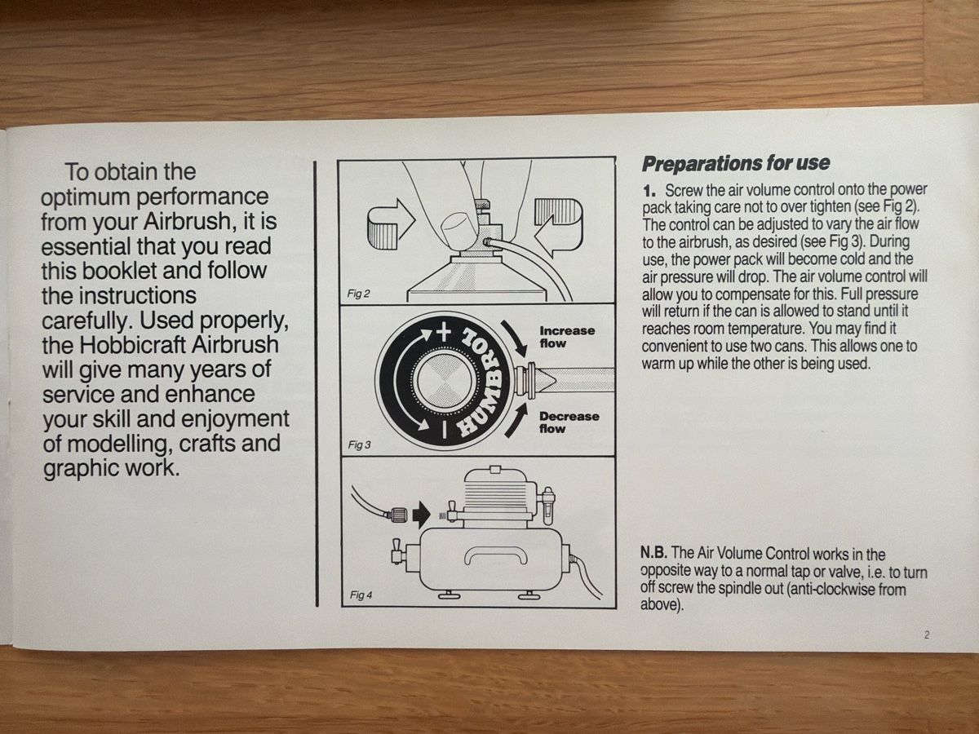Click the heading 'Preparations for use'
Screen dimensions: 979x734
(736, 164)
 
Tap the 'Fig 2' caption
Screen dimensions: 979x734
(359, 294)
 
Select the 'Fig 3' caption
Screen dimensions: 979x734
(359, 444)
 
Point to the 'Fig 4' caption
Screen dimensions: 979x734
(361, 595)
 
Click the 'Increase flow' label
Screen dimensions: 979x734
(567, 337)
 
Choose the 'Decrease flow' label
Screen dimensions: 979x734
(569, 422)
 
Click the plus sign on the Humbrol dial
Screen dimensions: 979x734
(443, 334)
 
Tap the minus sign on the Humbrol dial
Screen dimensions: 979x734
(444, 429)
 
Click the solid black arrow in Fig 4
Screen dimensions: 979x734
(421, 515)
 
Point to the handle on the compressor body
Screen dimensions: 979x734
(496, 554)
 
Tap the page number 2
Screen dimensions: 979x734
(927, 635)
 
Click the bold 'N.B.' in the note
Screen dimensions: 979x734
(653, 553)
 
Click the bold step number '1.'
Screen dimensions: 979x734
(649, 192)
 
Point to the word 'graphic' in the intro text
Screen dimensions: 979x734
(77, 469)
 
